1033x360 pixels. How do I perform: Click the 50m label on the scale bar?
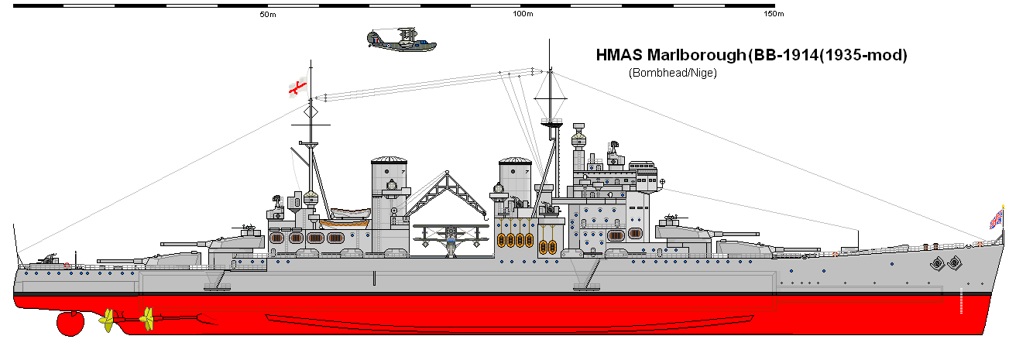tap(269, 15)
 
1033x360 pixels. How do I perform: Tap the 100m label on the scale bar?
tap(523, 15)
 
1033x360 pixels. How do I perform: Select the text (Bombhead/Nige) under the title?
tap(672, 74)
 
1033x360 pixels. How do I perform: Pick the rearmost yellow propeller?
tap(108, 318)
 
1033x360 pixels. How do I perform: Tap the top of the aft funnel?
tap(389, 161)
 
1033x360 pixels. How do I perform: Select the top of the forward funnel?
tap(514, 162)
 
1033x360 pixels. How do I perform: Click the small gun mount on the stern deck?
tap(51, 258)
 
